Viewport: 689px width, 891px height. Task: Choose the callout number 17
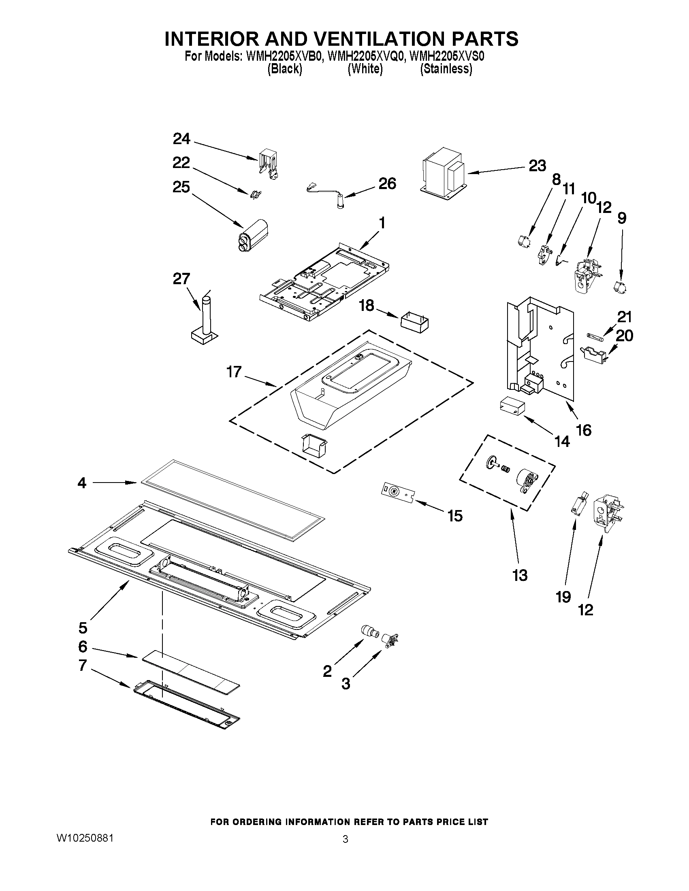(234, 372)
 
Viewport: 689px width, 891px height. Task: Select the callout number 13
(520, 575)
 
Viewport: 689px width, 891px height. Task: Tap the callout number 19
(563, 597)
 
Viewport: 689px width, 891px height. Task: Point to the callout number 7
(83, 665)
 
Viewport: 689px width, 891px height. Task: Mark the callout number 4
(82, 483)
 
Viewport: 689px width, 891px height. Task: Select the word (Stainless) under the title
(446, 69)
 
